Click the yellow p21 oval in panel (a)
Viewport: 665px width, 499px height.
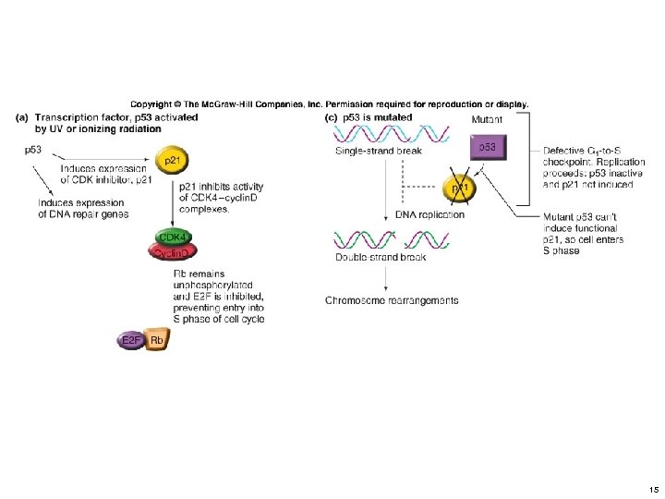[x=172, y=160]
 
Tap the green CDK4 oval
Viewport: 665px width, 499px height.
[x=170, y=237]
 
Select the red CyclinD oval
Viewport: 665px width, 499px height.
[x=170, y=252]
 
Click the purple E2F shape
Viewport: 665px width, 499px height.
[x=131, y=341]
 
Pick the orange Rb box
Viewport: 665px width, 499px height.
[x=157, y=341]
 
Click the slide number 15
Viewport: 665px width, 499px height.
[x=653, y=489]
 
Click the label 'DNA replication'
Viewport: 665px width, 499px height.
[x=429, y=214]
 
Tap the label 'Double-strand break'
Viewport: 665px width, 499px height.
[x=380, y=257]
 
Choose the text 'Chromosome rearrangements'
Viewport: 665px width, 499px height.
[x=392, y=300]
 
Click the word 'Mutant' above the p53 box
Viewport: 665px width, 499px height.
[x=489, y=119]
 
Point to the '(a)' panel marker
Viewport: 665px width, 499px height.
[x=23, y=117]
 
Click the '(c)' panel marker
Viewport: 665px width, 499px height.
[x=332, y=117]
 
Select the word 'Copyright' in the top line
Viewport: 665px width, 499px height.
[x=151, y=104]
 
